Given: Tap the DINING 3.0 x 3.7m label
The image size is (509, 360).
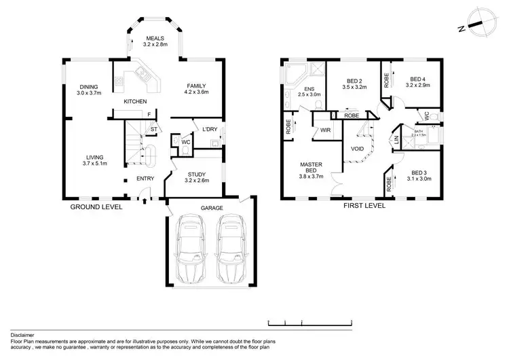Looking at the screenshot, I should click(89, 90).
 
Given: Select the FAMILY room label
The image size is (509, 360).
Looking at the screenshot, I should click(197, 90).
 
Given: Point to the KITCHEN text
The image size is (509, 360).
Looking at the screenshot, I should click(135, 102).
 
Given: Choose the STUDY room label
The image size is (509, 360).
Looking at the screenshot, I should click(197, 178).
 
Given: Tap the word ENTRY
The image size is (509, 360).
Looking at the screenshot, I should click(146, 179).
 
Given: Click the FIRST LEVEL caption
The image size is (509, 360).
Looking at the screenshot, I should click(364, 204).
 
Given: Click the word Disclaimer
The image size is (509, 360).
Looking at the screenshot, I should click(24, 335).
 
